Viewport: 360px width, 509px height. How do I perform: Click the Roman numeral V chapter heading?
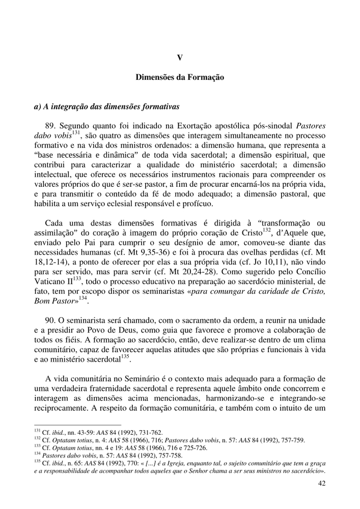click(180, 58)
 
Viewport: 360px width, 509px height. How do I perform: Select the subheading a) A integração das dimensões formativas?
click(106, 107)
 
